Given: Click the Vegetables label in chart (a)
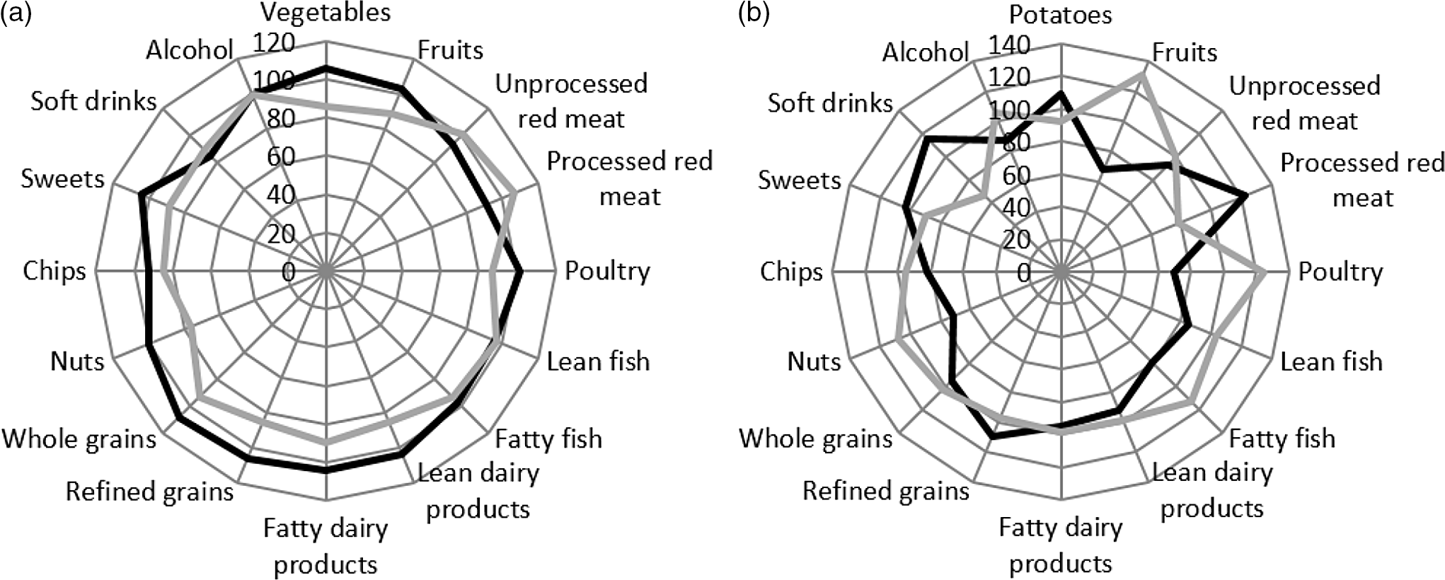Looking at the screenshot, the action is tap(326, 13).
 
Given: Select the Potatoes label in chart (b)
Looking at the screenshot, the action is tap(1060, 15).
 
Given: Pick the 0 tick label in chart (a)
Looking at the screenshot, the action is tap(288, 272).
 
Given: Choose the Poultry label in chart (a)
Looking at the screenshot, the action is tap(607, 271).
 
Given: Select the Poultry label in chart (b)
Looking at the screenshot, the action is tap(1340, 272).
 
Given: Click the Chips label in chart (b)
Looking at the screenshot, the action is tap(791, 272).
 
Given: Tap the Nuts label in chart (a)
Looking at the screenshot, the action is tap(77, 361).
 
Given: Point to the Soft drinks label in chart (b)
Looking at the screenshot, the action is tap(830, 103).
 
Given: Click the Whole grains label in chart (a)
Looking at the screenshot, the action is tap(79, 439).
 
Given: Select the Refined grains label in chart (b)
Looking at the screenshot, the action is tap(885, 491).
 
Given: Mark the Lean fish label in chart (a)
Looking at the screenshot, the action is tap(598, 361).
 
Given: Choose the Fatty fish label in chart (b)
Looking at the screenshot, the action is tap(1282, 439).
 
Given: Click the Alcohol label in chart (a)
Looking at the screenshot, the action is tap(190, 50).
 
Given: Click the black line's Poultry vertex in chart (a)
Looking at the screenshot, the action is tap(520, 271).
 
